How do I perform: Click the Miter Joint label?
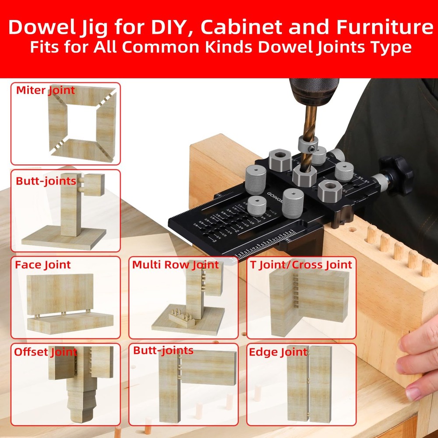46,91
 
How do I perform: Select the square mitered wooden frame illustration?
82,122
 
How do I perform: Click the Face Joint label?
42,265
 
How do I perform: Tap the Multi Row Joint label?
175,265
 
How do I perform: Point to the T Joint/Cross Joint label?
301,265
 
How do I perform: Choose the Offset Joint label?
46,352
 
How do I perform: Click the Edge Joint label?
278,352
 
